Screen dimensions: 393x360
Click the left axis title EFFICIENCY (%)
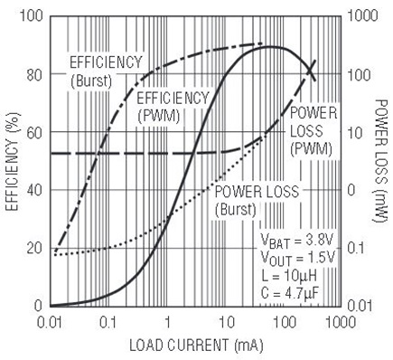[13, 161]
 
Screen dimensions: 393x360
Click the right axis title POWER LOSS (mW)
[379, 161]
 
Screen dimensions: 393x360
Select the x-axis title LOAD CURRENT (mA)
[196, 346]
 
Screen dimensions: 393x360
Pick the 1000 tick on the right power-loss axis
[362, 15]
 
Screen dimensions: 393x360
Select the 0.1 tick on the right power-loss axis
[359, 248]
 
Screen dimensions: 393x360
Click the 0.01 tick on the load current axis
[51, 323]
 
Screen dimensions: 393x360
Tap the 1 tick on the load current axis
[167, 323]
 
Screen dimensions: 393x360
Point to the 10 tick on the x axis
[227, 323]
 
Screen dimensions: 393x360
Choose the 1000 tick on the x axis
[341, 323]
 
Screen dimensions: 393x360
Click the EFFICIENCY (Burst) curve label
[106, 71]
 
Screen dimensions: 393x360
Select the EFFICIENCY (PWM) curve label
[173, 108]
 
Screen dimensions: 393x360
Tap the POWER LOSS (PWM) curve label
[313, 131]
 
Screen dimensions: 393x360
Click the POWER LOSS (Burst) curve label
[257, 201]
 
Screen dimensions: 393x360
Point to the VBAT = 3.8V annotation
[297, 241]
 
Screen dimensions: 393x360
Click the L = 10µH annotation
[289, 276]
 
